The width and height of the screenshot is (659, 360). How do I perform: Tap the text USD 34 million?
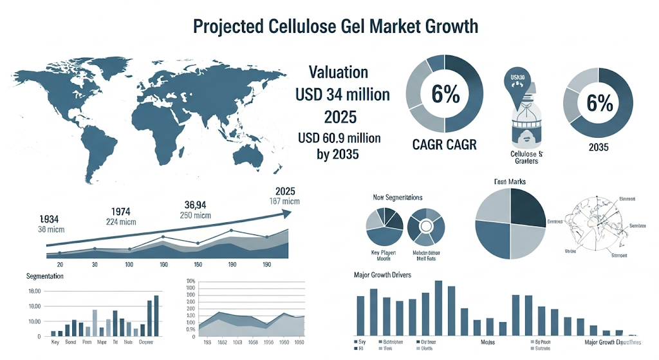pyautogui.click(x=342, y=95)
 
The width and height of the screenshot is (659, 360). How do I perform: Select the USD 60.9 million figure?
pyautogui.click(x=340, y=138)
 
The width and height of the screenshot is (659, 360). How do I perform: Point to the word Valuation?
pyautogui.click(x=339, y=72)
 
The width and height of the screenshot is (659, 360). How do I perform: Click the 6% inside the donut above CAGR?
pyautogui.click(x=445, y=95)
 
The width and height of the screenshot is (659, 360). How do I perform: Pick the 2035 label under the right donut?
pyautogui.click(x=598, y=147)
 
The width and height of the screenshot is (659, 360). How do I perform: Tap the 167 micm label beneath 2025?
pyautogui.click(x=284, y=202)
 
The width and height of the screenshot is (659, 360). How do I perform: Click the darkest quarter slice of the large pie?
pyautogui.click(x=527, y=204)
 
